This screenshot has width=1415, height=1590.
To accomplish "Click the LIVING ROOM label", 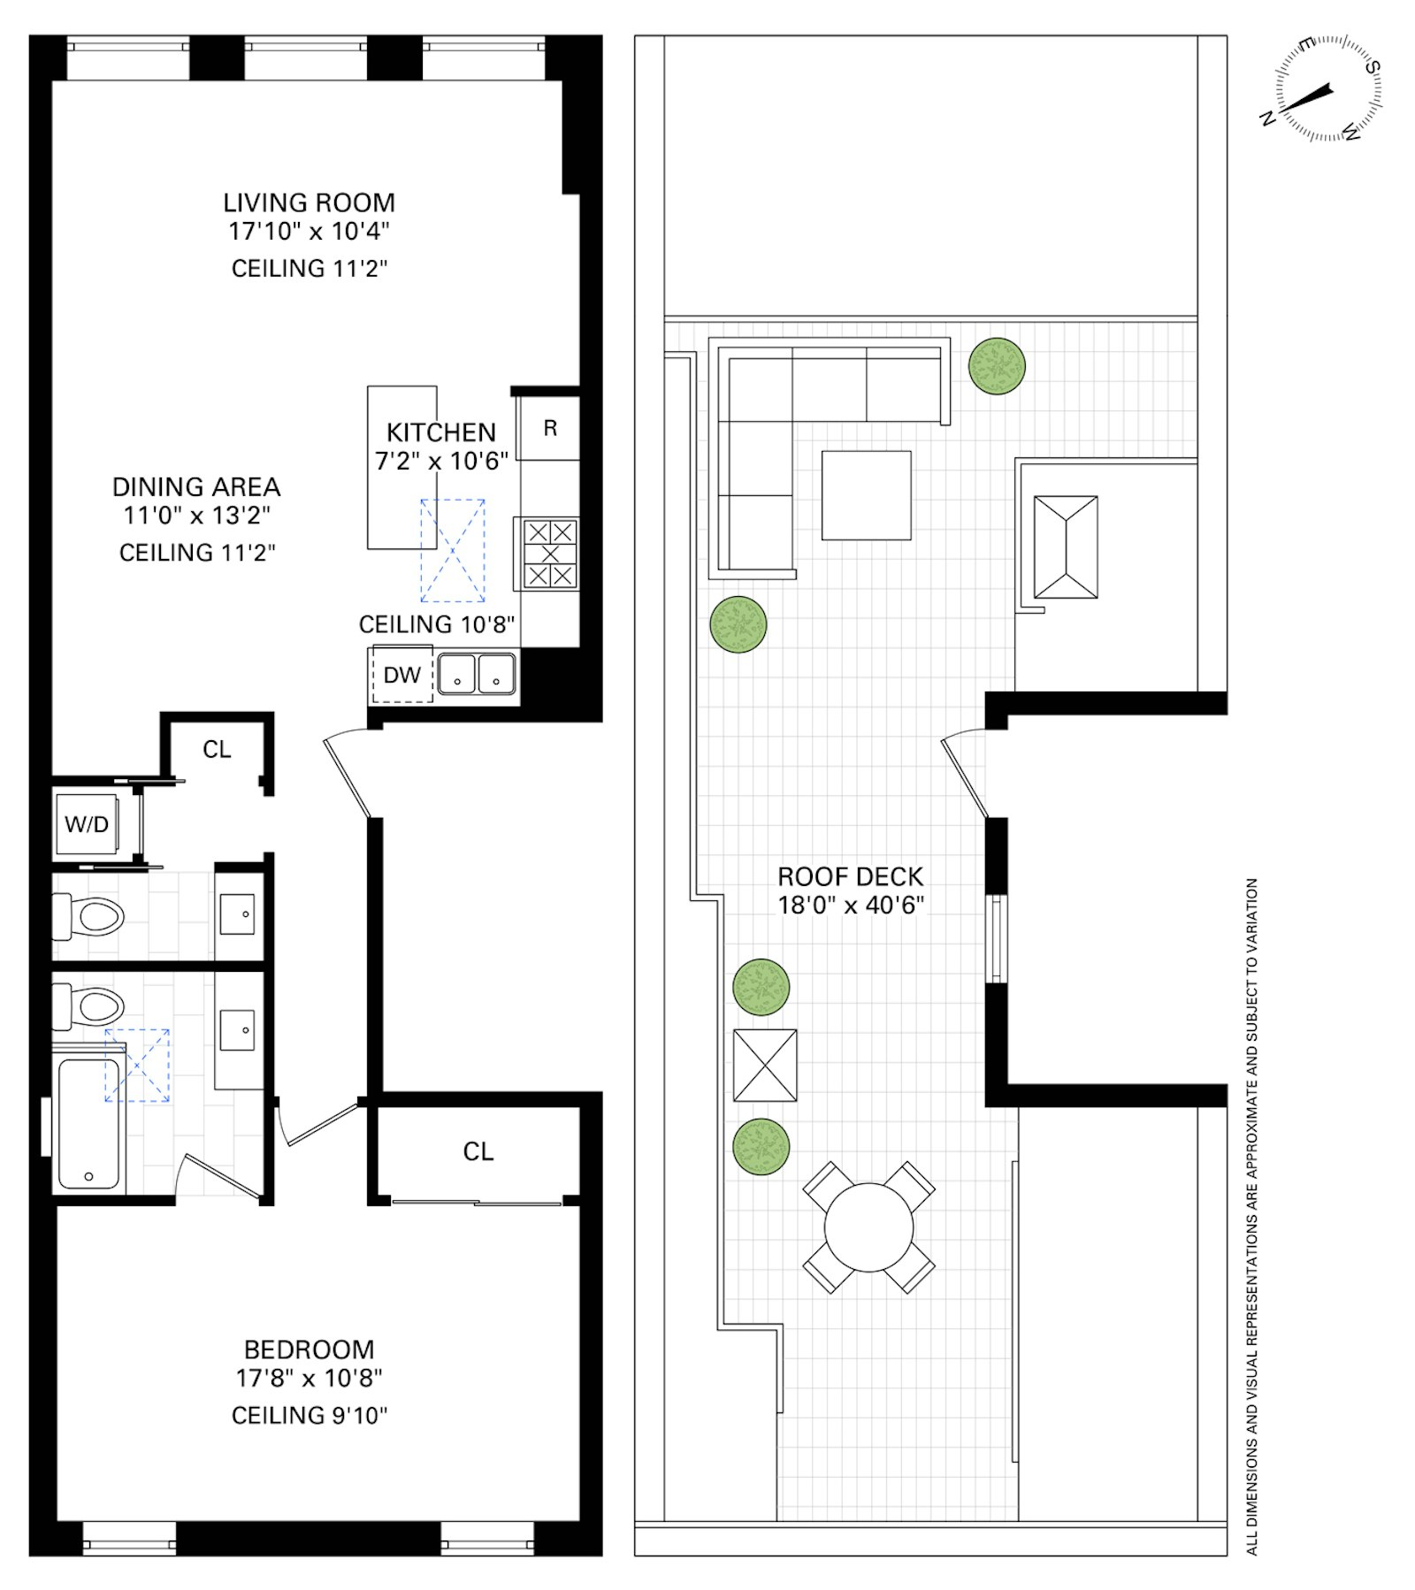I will [x=309, y=203].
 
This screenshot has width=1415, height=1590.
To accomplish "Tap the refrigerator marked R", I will [x=549, y=429].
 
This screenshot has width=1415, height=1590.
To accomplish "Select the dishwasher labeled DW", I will [x=402, y=676].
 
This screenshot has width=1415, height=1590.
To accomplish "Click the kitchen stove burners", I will [x=549, y=554].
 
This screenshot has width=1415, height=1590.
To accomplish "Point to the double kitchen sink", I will [x=477, y=674].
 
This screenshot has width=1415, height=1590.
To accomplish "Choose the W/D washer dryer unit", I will [x=87, y=825].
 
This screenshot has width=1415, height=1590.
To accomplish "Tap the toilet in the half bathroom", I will [x=88, y=916].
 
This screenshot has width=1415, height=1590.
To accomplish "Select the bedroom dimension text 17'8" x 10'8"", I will [x=309, y=1378].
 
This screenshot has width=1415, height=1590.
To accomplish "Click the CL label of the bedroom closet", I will [x=478, y=1151].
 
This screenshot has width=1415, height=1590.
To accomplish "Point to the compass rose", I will [x=1327, y=88].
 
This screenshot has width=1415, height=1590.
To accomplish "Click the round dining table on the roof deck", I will [x=868, y=1227].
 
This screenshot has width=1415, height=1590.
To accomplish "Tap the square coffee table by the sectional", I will [x=866, y=495].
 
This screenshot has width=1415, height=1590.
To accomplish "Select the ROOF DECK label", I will [x=850, y=876].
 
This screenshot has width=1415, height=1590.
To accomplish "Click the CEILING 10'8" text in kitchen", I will [x=436, y=624].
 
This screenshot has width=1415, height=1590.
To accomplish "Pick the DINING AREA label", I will [x=196, y=487].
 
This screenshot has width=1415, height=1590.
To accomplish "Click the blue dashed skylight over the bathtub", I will [x=137, y=1066].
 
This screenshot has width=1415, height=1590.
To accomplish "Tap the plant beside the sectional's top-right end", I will [x=997, y=366].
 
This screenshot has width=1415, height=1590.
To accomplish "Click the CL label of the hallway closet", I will [x=217, y=750].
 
